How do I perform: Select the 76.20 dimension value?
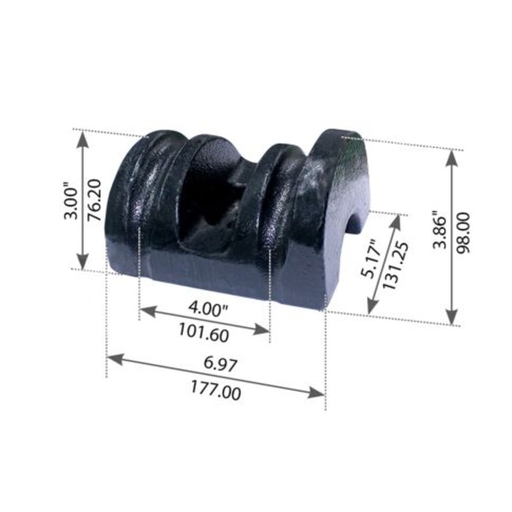click(x=96, y=202)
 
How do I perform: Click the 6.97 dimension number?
click(x=221, y=365)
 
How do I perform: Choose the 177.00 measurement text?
click(x=216, y=390)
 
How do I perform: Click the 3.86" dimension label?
click(x=436, y=230)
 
